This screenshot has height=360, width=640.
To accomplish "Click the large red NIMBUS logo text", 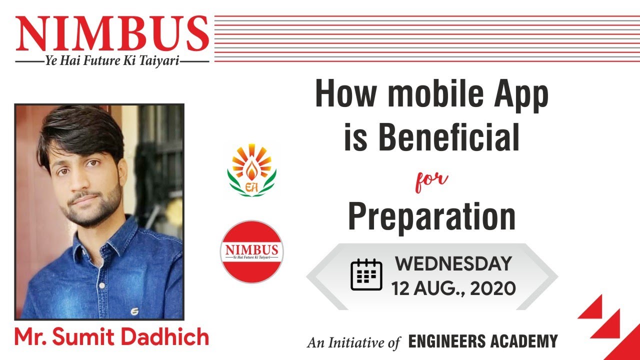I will click(112, 34).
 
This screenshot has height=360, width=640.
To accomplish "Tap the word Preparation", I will click(431, 216).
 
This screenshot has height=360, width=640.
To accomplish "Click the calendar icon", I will click(366, 274).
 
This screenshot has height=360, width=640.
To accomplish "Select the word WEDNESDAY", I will click(453, 263).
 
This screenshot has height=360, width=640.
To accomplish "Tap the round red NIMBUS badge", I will click(251, 251).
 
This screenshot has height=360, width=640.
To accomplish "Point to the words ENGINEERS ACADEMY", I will click(482, 342).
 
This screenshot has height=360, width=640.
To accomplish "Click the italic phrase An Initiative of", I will click(353, 342).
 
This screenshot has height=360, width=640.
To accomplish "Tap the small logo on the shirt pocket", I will click(134, 311).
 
